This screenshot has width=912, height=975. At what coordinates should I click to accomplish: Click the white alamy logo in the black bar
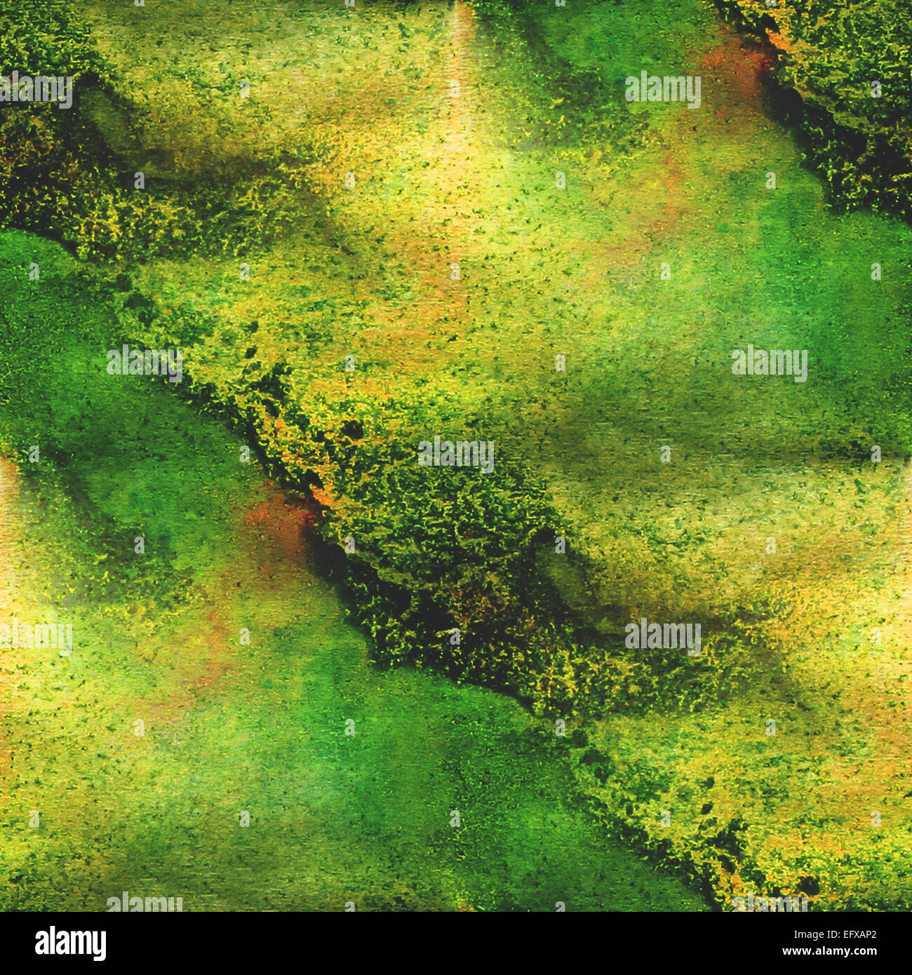(x=70, y=943)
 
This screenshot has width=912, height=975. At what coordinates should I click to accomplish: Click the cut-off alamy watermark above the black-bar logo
(x=145, y=903)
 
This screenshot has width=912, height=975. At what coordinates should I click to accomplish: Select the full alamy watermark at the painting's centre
(x=456, y=454)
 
